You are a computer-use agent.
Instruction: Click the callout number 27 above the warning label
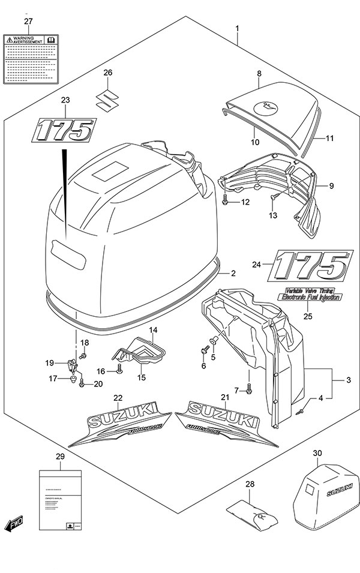pos(28,22)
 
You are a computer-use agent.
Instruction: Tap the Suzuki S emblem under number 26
pos(107,98)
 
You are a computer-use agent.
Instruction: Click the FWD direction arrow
pos(14,525)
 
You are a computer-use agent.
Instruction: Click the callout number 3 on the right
pos(348,380)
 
